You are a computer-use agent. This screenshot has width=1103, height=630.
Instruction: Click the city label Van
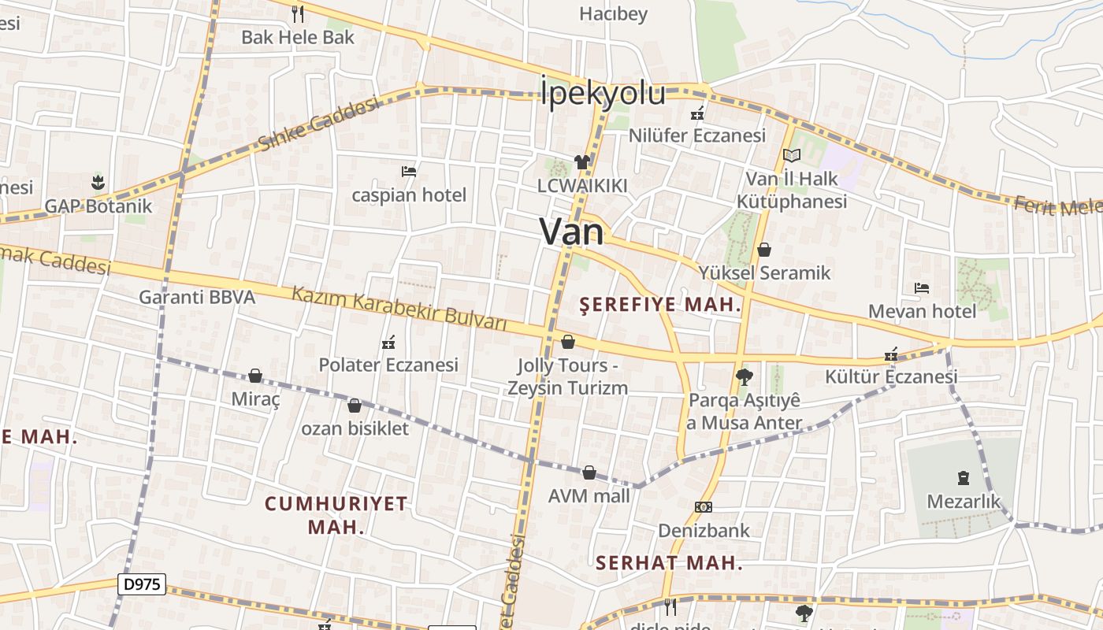coord(571,232)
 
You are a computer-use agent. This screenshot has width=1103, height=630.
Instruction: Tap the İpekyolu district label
coord(603,93)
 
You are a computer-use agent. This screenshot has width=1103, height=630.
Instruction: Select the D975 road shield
coord(143,584)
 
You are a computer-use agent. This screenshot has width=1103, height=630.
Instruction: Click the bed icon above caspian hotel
coord(408,171)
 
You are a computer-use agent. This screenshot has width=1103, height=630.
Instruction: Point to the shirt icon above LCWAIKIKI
coord(582,162)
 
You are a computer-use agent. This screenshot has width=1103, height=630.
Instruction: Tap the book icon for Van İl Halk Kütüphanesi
coord(791,156)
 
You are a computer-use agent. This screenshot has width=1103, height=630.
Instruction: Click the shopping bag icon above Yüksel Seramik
coord(763,250)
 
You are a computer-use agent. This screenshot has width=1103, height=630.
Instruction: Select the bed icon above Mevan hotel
coord(921,288)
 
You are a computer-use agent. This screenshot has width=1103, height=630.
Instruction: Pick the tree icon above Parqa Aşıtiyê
coord(743,377)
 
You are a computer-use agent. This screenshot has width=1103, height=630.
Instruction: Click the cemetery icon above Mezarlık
coord(963,477)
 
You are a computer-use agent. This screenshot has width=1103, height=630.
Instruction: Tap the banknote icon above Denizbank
coord(704,506)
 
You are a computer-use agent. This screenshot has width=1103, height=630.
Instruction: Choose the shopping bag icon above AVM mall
coord(589,472)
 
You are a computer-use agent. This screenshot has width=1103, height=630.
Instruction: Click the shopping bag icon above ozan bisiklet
coord(355,406)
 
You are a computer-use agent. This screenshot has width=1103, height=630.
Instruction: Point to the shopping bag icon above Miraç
coord(255,376)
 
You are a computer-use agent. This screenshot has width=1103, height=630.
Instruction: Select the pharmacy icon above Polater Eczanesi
coord(388,343)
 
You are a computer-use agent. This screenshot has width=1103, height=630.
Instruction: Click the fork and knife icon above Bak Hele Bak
coord(297,13)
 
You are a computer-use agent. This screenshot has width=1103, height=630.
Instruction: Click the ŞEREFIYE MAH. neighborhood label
coord(660,305)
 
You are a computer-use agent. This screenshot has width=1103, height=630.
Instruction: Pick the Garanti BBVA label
coord(197,297)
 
